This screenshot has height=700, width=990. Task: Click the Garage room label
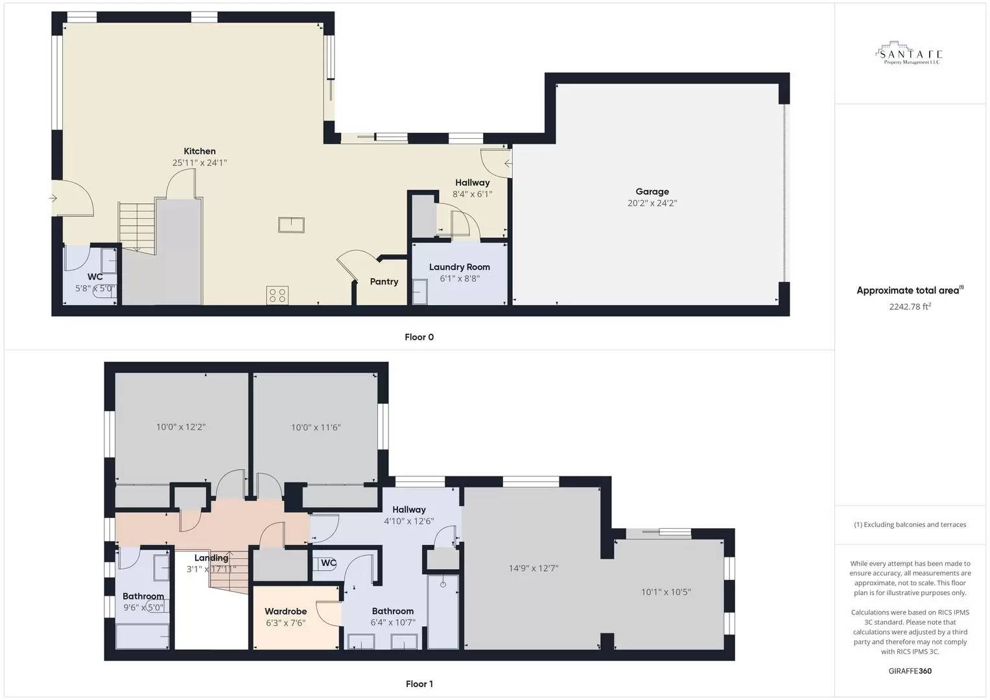[x=652, y=192]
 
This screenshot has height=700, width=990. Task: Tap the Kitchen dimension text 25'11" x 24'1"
[x=199, y=163]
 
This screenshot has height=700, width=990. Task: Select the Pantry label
[x=384, y=282]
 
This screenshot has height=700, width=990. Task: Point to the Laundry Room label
[x=459, y=267]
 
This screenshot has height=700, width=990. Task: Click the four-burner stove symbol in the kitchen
[x=277, y=296]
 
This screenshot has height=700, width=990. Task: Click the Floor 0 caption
[x=419, y=337]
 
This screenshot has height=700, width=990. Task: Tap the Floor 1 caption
[x=419, y=684]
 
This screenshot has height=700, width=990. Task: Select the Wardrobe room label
[x=285, y=611]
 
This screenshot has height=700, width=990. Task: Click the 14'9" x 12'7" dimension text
[x=533, y=568]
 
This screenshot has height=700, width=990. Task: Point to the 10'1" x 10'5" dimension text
[x=666, y=592]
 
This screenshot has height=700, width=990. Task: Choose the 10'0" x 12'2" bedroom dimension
[x=181, y=427]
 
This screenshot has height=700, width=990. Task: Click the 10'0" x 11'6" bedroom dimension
[x=316, y=427]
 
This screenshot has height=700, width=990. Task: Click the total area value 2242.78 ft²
[x=910, y=307]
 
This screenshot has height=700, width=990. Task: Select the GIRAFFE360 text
[x=910, y=671]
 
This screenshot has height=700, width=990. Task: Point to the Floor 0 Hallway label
[x=472, y=183]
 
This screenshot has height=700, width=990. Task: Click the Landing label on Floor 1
[x=211, y=558]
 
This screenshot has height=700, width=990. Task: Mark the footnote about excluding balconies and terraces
[x=910, y=525]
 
